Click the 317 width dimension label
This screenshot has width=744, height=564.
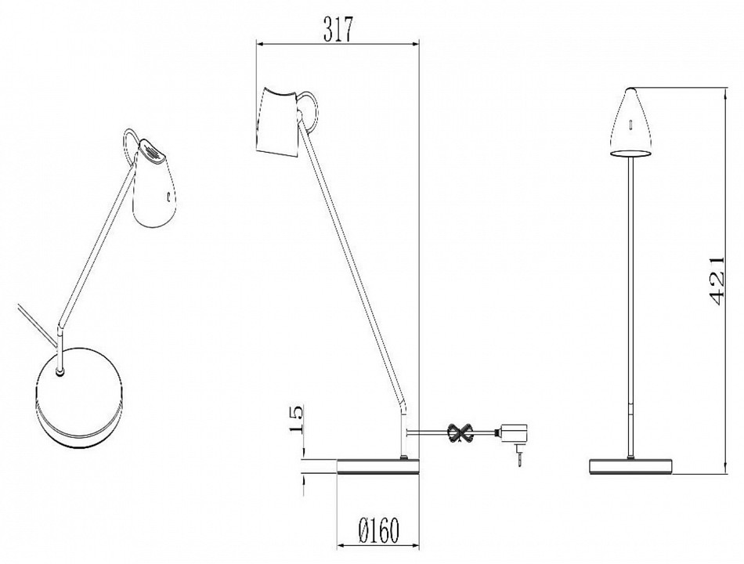coord(338,29)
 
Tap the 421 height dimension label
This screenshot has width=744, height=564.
coord(713,281)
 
